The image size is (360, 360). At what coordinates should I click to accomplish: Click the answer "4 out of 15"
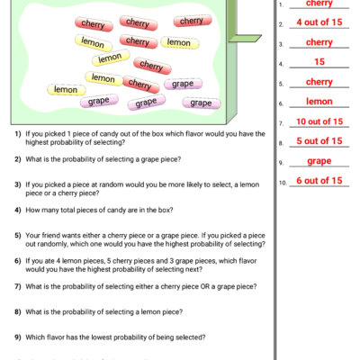coord(319,22)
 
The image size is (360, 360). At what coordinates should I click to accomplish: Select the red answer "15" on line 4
coord(319,62)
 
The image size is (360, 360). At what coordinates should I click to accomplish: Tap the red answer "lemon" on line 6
coord(319,102)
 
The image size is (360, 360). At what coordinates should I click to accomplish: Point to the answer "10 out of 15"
coord(319,121)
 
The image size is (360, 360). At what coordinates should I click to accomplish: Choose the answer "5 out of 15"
coord(319,141)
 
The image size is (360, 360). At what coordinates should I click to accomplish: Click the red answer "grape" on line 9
coord(319,161)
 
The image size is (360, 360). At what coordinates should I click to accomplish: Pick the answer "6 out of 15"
coord(319,181)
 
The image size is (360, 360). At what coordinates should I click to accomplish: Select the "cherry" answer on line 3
coord(319,42)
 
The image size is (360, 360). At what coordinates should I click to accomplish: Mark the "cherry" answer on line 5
coord(319,82)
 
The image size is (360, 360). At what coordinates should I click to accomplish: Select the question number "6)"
coord(18,261)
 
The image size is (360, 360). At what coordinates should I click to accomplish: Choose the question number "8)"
coord(18,312)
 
